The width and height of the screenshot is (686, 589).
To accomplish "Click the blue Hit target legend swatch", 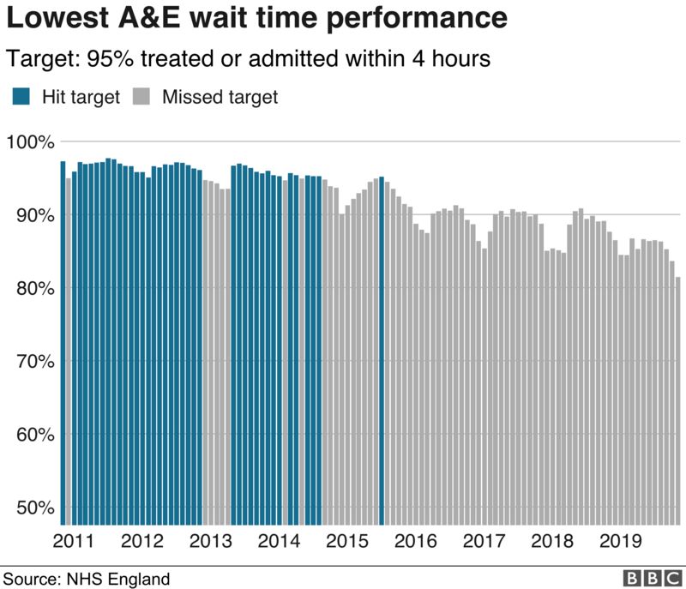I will [21, 97].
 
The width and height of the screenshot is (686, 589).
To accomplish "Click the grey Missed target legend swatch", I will [142, 97].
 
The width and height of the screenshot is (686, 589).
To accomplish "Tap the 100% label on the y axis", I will [32, 141].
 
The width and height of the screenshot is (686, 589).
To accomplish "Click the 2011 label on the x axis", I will [74, 542].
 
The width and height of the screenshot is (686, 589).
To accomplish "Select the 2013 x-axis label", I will [209, 542].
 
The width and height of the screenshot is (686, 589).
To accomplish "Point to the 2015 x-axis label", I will [345, 542].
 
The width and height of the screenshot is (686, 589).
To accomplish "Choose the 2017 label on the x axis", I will [480, 542].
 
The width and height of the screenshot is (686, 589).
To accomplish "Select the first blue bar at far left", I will [63, 343].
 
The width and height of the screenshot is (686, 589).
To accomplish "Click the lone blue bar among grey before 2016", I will [382, 352].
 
